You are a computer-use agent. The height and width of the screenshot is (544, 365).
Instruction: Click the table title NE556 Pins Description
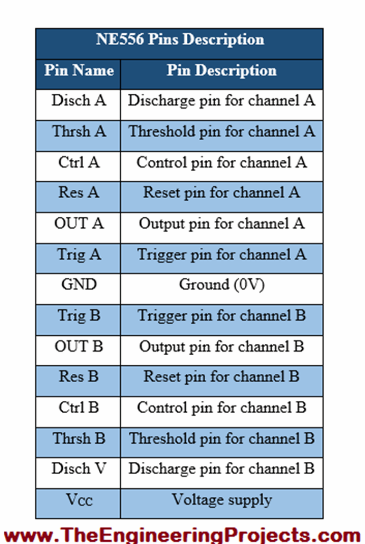(180, 39)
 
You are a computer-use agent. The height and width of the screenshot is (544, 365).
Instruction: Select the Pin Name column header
(79, 70)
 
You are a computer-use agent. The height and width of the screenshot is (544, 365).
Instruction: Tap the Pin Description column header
(221, 70)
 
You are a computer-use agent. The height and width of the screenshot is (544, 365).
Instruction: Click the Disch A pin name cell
(79, 101)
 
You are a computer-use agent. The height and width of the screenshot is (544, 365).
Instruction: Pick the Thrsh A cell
(79, 131)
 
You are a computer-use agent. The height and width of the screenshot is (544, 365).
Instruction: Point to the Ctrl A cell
(79, 162)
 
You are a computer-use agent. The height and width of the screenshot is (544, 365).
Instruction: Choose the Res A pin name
(79, 193)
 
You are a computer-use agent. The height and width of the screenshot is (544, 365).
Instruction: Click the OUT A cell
(79, 223)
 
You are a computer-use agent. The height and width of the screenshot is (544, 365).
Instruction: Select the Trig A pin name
(79, 254)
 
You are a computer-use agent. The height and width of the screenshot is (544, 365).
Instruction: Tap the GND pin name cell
(79, 285)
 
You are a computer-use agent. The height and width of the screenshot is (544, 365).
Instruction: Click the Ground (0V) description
(221, 285)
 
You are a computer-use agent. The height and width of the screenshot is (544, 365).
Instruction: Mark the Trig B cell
(79, 315)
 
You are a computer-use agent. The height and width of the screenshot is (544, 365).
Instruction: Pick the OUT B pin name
(79, 346)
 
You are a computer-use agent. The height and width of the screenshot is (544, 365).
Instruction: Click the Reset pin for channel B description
(221, 377)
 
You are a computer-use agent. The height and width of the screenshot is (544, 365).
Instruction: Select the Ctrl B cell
(79, 408)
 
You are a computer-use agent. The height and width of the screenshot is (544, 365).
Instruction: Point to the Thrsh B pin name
(79, 438)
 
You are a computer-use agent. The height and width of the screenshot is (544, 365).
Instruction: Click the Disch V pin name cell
(79, 469)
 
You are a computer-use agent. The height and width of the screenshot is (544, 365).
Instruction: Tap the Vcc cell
(79, 500)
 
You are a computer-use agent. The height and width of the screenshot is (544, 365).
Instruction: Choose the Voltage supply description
(221, 500)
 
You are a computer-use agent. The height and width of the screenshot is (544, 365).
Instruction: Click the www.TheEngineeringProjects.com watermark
(182, 534)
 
